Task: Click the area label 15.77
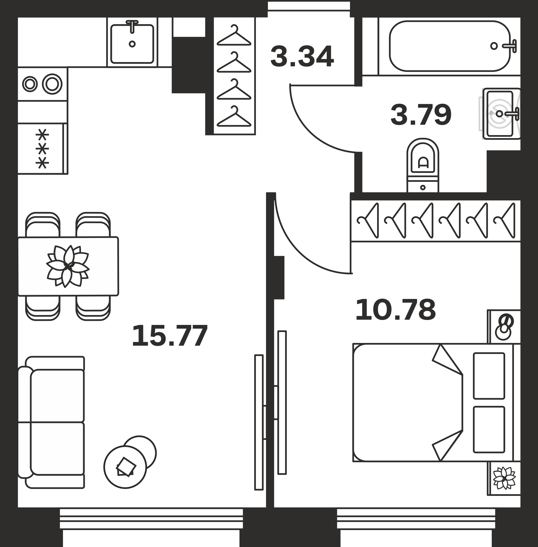point(170,336)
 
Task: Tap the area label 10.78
point(396,310)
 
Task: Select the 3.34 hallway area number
point(302,57)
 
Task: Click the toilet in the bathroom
point(423,165)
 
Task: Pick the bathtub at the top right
point(450,46)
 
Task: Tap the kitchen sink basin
point(132,44)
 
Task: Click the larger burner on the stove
point(52,84)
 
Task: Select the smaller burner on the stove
point(30,84)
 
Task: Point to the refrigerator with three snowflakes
point(43,149)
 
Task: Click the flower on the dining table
point(68,266)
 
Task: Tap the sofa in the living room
point(51,422)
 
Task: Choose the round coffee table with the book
point(125,467)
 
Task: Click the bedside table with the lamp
point(504,327)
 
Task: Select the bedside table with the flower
point(504,479)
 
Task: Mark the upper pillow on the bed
point(489,376)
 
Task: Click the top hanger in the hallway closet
point(234,35)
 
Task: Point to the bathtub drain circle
point(494,46)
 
